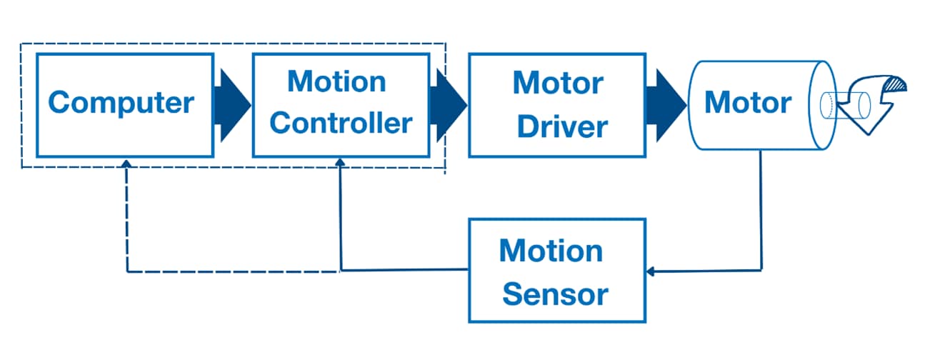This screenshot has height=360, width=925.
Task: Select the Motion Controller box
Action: (x=340, y=104)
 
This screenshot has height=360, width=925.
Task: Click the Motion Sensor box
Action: (x=556, y=271)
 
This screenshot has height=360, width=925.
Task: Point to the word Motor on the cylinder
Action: (x=747, y=103)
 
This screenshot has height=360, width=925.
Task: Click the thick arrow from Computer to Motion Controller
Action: (x=232, y=104)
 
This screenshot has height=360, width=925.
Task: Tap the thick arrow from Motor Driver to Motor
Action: (x=664, y=104)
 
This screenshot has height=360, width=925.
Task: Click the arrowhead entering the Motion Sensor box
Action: (x=650, y=271)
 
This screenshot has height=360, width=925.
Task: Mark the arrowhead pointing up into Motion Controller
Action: (x=340, y=162)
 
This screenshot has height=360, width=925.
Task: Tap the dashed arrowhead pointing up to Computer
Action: (x=126, y=162)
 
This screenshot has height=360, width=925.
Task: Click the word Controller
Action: (x=341, y=123)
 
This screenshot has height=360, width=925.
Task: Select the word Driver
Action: (x=562, y=126)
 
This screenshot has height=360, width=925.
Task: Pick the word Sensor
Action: (x=555, y=293)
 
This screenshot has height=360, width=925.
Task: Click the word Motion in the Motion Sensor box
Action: (x=551, y=251)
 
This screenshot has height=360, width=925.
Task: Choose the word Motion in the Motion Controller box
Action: (x=336, y=81)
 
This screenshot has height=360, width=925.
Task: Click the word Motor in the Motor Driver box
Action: (x=558, y=84)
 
